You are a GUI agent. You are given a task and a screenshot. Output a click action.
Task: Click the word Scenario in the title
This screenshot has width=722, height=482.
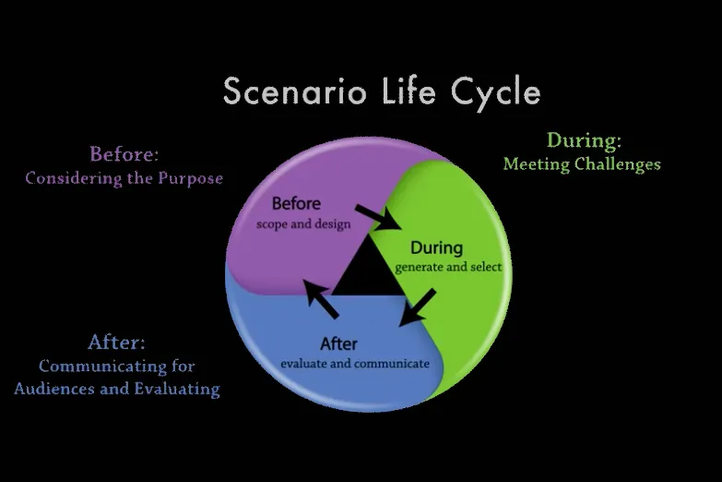pos(295,90)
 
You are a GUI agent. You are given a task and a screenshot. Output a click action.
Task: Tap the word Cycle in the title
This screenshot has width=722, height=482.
pos(495,93)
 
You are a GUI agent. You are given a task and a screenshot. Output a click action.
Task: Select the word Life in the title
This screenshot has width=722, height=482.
pos(408,90)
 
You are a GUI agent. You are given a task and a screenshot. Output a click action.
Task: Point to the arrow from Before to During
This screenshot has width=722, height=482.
pos(377,217)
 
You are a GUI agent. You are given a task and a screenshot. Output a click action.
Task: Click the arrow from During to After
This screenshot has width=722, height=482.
pos(417,307)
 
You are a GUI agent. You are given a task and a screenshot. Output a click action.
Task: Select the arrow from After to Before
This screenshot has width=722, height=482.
pos(321,298)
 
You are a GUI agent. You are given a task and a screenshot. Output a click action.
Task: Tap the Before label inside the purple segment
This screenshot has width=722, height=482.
pos(296,203)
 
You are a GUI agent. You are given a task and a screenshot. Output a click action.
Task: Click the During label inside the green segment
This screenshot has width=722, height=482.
pos(436,247)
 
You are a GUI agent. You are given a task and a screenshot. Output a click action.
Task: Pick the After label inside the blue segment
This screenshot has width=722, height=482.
pos(339,343)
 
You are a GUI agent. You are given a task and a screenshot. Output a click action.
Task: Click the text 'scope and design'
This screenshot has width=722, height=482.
pos(303,224)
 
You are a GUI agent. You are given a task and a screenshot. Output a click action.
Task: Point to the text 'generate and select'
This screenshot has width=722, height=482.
pos(448,267)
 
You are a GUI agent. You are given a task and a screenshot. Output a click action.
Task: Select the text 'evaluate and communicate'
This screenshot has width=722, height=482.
pos(355,364)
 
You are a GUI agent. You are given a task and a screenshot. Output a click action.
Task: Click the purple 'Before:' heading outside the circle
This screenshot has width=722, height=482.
pos(124,154)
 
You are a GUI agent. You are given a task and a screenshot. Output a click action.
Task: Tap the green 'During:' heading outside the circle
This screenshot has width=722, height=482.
pos(584,140)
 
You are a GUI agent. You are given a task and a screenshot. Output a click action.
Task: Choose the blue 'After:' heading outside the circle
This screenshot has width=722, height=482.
pos(116,343)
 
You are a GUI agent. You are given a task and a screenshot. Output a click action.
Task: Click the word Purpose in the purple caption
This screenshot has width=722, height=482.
pos(191,178)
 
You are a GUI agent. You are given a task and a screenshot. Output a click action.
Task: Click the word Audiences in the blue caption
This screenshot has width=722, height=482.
pos(54,389)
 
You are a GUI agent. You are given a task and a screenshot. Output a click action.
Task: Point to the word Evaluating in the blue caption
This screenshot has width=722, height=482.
pos(177,389)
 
